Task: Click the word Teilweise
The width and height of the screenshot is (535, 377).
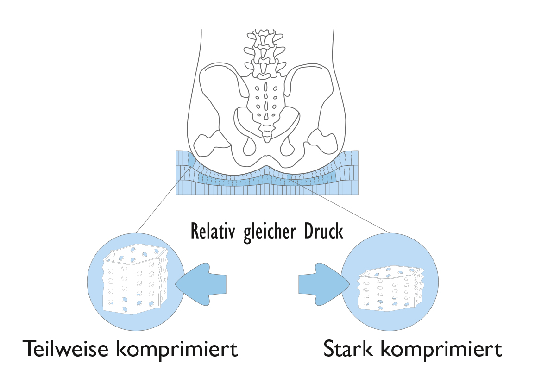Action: pyautogui.click(x=65, y=349)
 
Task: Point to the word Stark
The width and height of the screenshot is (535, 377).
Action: pyautogui.click(x=348, y=349)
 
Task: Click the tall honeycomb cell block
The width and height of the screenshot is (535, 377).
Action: pyautogui.click(x=134, y=283)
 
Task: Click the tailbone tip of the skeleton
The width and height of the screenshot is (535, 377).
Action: pyautogui.click(x=267, y=134)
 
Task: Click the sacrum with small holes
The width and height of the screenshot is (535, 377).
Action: pyautogui.click(x=266, y=100)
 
